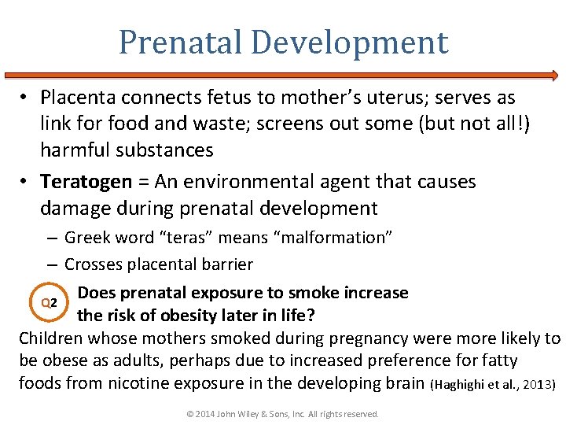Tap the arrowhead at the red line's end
point(554,76)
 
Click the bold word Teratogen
point(86,182)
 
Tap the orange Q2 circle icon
point(49,303)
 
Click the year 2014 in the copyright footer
point(203,414)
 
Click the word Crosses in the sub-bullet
point(91,264)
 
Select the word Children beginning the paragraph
point(51,339)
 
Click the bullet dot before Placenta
point(25,98)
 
